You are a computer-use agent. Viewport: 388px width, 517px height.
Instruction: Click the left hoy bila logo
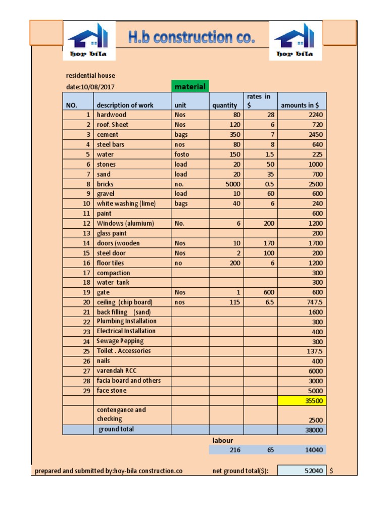[x=89, y=41]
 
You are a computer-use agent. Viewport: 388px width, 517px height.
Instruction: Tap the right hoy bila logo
[x=296, y=41]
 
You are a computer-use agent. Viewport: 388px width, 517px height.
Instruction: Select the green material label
[x=190, y=86]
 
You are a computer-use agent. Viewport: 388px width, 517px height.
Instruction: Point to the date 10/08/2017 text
[x=90, y=87]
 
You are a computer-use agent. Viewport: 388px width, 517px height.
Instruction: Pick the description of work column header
[x=125, y=105]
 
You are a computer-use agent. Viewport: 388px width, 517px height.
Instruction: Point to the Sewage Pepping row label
[x=120, y=341]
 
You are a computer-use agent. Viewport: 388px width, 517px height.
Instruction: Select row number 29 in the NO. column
[x=86, y=391]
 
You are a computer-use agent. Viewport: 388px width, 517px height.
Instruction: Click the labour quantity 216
[x=235, y=450]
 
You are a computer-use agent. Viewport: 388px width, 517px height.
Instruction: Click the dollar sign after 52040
[x=331, y=471]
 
